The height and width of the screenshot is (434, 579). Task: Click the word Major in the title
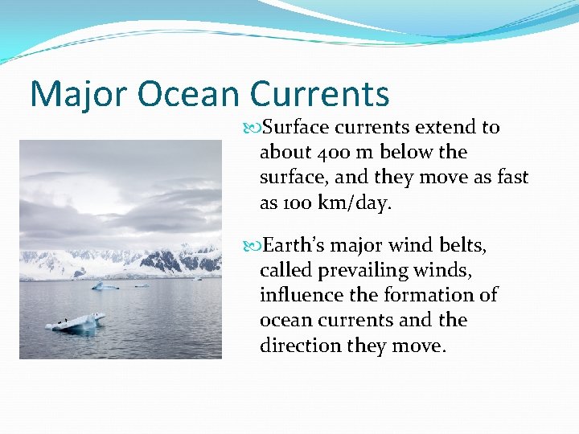point(78,95)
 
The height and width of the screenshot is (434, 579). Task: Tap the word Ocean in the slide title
point(188,95)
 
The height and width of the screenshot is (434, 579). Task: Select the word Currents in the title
point(319,95)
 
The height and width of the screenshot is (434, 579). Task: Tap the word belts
point(462,244)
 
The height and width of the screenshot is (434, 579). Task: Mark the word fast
point(512,178)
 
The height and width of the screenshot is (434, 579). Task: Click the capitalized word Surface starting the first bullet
point(298,127)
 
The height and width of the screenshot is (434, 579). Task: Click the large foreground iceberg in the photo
point(76,321)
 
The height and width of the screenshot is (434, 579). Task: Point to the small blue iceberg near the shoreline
point(105,285)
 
